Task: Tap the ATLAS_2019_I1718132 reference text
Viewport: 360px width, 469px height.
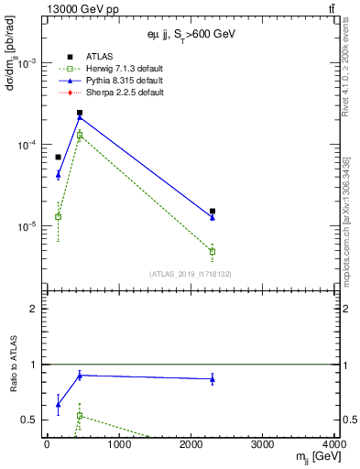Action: (191, 274)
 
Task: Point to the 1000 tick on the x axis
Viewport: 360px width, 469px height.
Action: (118, 445)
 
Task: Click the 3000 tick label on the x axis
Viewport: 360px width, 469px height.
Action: (263, 445)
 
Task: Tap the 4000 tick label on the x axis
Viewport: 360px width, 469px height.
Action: (333, 445)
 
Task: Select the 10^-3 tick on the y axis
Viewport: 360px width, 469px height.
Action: (27, 63)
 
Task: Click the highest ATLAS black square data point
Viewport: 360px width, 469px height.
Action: (80, 113)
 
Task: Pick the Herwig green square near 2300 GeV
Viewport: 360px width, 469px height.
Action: (213, 251)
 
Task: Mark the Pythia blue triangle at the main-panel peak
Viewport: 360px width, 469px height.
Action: (80, 117)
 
